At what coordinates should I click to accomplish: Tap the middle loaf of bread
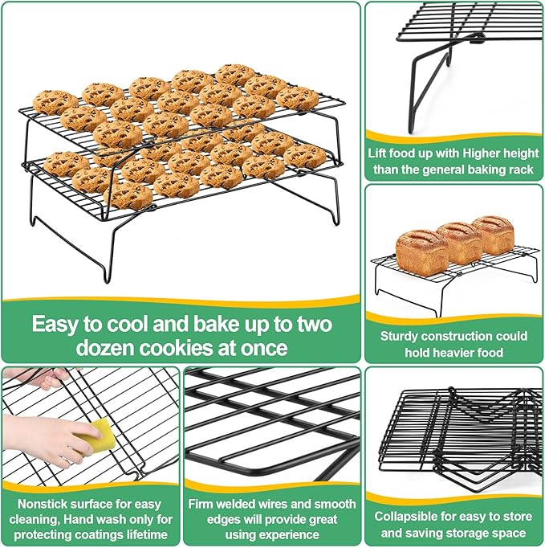click(459, 242)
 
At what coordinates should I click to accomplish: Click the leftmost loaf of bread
click(421, 251)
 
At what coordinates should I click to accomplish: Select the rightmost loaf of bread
click(494, 234)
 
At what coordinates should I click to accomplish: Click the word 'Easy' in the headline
click(58, 324)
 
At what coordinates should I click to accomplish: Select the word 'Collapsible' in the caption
click(413, 517)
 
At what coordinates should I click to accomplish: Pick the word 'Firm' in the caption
click(201, 504)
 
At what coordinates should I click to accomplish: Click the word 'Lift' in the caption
click(380, 153)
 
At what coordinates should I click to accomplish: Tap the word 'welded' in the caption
click(238, 504)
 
